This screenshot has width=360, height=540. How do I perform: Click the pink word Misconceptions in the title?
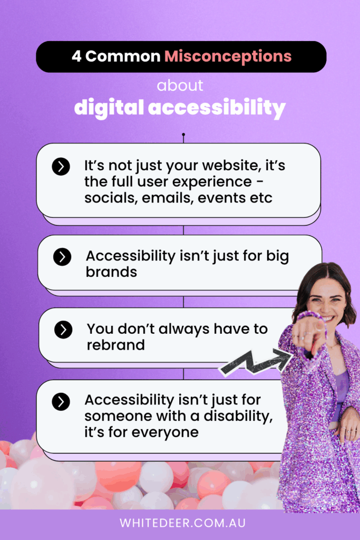(x=228, y=56)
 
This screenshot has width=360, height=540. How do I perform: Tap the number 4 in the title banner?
(x=76, y=56)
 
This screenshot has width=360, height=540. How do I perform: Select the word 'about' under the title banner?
(x=180, y=85)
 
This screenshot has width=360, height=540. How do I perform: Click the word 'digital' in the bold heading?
(x=109, y=108)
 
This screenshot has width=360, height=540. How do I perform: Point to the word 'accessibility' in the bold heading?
(x=217, y=108)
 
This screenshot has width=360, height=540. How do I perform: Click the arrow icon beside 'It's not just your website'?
(x=61, y=167)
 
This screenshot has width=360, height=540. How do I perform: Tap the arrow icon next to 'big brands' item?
(x=62, y=257)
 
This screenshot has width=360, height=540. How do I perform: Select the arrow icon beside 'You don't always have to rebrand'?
(x=63, y=330)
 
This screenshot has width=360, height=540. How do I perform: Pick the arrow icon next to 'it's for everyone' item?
(x=61, y=401)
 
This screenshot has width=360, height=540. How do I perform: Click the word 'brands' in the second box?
(x=111, y=272)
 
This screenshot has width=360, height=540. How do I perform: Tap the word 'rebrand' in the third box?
(x=115, y=345)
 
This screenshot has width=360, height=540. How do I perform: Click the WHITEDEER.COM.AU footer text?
(x=183, y=523)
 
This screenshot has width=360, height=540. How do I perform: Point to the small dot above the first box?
(x=183, y=134)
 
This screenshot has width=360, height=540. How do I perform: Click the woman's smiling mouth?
(x=327, y=318)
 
